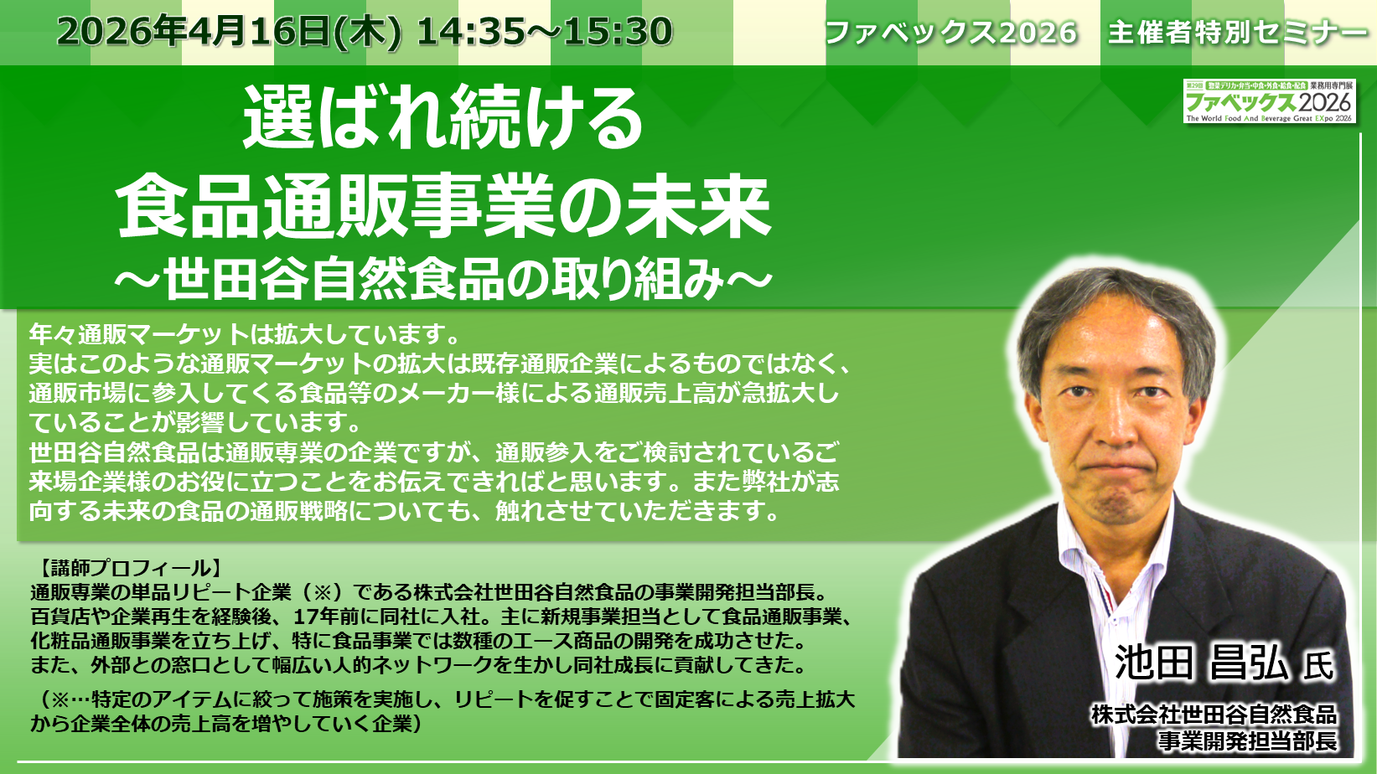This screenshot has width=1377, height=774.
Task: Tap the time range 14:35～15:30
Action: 545,31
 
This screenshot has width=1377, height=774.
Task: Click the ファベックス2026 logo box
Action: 1270,101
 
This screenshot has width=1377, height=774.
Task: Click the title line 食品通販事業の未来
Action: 444,206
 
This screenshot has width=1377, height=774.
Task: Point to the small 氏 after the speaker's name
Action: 1318,666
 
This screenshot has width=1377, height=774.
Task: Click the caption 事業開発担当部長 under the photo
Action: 1248,740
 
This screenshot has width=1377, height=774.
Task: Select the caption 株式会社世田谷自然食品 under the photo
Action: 1214,715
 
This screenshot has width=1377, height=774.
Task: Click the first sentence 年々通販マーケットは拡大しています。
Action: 244,334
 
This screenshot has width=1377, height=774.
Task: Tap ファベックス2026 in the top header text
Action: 951,33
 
